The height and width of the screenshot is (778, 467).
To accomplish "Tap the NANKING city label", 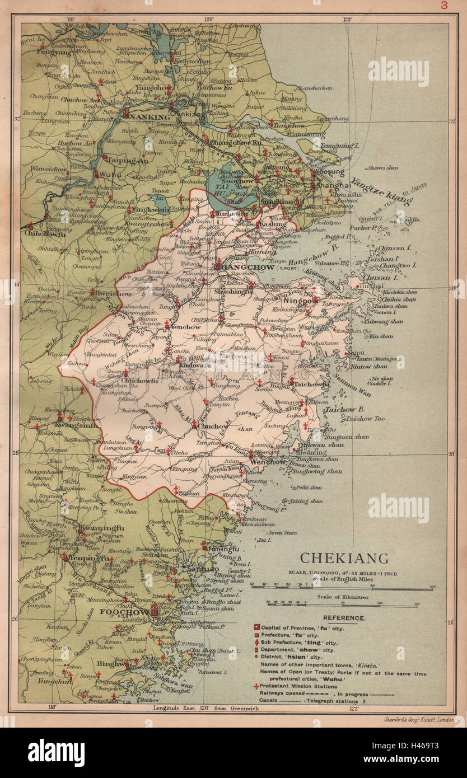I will [x=151, y=116].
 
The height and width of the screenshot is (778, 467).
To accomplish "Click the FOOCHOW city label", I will [x=125, y=612].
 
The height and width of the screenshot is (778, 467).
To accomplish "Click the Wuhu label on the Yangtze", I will [x=109, y=175].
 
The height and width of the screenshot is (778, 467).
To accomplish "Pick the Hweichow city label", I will [x=115, y=293].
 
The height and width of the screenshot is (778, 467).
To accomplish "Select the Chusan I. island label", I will [x=380, y=277].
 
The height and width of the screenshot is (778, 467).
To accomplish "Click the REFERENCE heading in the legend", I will [x=344, y=618].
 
